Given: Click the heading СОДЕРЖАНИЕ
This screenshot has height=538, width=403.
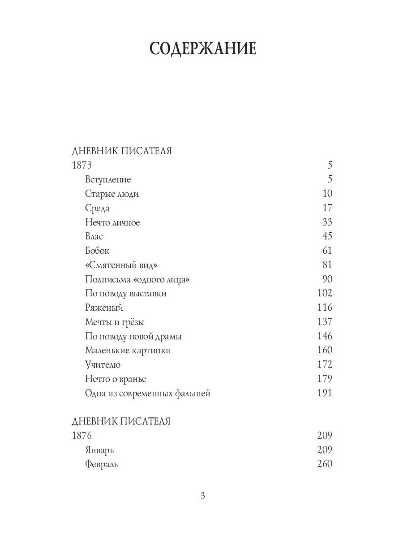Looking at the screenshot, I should (202, 48).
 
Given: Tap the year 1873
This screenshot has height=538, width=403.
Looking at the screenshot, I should (81, 165).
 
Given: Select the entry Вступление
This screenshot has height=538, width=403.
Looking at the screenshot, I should (108, 179).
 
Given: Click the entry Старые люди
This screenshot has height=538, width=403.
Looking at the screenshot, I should (112, 194).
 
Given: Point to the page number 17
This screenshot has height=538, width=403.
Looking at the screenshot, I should (327, 208).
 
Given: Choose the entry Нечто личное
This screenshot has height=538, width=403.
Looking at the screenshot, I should (112, 222).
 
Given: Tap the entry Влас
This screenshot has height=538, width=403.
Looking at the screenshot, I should (94, 236).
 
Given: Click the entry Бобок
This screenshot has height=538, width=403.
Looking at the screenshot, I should (97, 251).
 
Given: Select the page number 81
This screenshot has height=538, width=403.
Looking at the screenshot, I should (327, 265).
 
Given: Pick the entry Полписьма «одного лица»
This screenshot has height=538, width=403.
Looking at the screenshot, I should (137, 279).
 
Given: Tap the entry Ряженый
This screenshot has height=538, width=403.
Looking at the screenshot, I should (104, 308).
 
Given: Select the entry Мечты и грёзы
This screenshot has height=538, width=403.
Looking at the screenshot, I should (115, 322).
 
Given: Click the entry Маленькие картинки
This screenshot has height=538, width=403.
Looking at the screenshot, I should (128, 350).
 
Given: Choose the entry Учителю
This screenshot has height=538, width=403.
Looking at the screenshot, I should (103, 364).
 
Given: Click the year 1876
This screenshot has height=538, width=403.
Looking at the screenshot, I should (81, 435).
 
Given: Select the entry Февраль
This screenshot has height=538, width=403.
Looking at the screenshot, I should (101, 464).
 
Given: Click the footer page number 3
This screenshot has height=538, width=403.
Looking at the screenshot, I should (202, 496).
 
